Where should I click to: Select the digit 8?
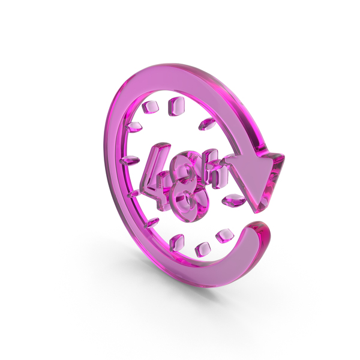tap(190, 186)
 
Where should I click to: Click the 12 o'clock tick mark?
tap(176, 106)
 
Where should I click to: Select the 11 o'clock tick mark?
tap(149, 107)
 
